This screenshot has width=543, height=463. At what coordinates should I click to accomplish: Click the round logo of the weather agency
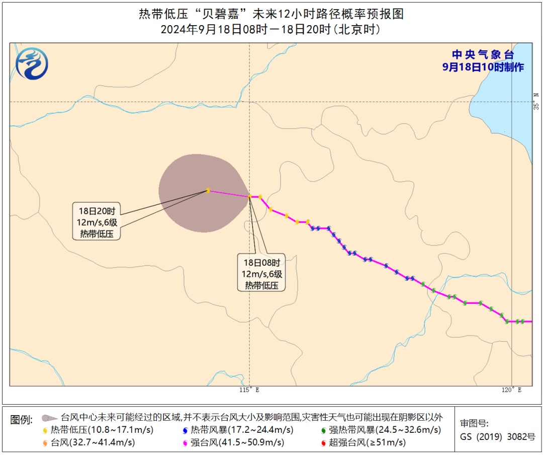tap(32, 64)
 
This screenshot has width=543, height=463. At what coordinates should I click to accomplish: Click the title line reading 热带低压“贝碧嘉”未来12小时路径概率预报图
tap(271, 14)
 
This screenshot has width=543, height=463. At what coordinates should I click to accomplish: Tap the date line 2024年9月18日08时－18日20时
tap(271, 30)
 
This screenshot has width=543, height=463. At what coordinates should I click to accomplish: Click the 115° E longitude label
tap(249, 390)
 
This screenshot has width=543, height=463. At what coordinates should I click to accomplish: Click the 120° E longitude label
tap(512, 390)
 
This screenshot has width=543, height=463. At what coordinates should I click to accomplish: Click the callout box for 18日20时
tap(97, 222)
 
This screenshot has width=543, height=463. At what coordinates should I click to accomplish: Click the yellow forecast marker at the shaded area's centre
tap(208, 190)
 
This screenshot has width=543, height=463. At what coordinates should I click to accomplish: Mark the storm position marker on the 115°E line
tap(250, 196)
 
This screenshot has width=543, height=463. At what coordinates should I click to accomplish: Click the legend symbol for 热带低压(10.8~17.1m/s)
tap(45, 430)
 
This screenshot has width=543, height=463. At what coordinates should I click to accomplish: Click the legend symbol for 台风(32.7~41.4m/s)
tap(45, 443)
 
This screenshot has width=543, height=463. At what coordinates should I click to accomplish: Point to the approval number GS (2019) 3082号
tap(498, 437)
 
